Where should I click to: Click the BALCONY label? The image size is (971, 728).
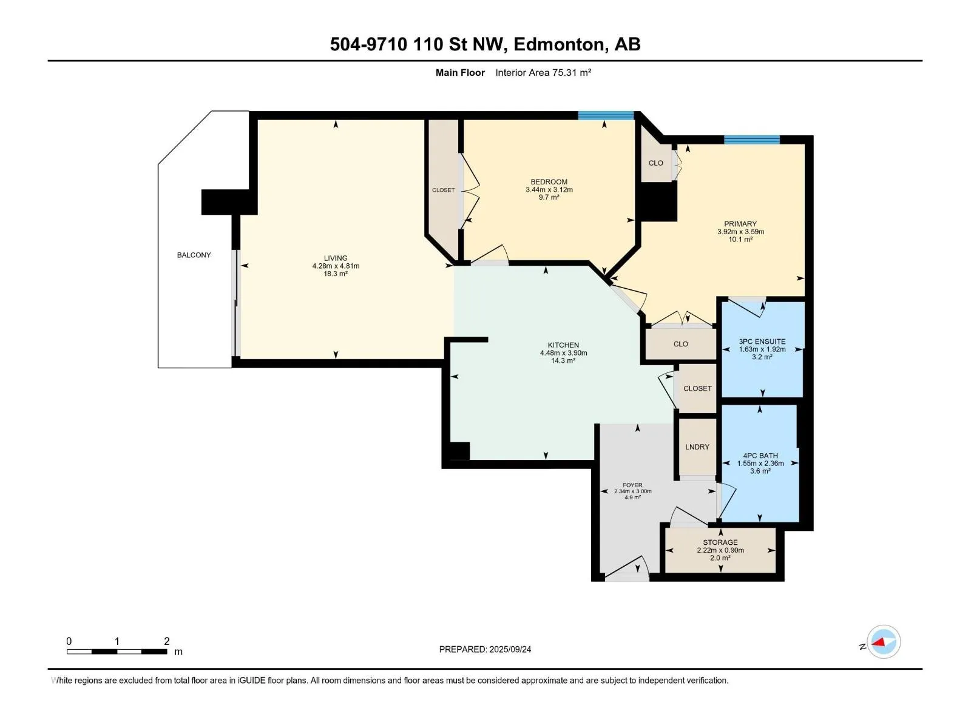(194, 255)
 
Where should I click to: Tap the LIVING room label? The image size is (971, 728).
(336, 258)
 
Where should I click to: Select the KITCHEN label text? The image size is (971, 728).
(563, 345)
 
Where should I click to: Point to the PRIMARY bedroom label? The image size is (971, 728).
(740, 224)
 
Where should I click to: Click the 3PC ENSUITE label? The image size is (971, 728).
(762, 342)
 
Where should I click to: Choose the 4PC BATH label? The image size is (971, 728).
(760, 456)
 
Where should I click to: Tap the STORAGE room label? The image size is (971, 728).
(720, 542)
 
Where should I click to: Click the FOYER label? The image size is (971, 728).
(632, 485)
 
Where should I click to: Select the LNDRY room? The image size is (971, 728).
(697, 447)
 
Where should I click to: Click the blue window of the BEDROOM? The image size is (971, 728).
(606, 115)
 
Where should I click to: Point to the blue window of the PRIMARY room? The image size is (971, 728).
(751, 140)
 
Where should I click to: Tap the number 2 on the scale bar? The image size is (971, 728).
(166, 641)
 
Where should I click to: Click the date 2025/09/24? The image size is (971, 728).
(510, 649)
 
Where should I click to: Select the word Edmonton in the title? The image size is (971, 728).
(559, 45)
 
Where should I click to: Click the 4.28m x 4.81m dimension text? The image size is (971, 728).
(336, 266)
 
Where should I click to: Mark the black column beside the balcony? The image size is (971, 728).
(229, 202)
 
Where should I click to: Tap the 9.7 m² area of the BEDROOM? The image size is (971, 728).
(549, 197)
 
